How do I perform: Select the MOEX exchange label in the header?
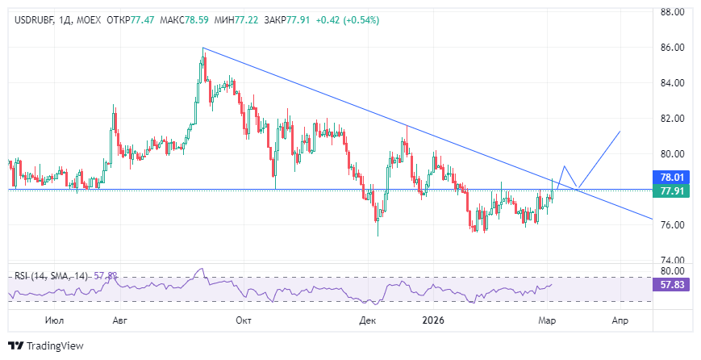click(x=86, y=19)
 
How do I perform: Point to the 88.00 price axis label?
click(x=673, y=12)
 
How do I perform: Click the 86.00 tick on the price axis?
click(x=673, y=48)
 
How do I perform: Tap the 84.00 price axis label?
click(x=673, y=83)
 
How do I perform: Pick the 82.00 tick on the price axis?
click(x=673, y=119)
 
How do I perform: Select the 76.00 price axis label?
click(x=673, y=224)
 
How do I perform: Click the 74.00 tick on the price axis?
click(x=673, y=260)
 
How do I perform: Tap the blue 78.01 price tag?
click(x=672, y=177)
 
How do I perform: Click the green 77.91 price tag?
click(x=672, y=191)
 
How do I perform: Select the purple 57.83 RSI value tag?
click(x=672, y=285)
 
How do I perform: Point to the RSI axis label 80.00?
click(x=673, y=271)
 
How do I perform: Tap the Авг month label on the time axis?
click(x=119, y=320)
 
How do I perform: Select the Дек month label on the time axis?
click(x=368, y=320)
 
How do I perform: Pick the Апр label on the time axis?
click(x=620, y=320)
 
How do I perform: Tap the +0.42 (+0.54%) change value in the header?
click(x=348, y=19)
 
